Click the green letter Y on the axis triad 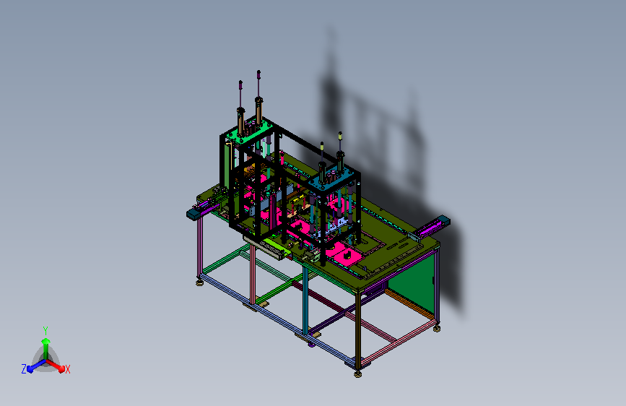(x=45, y=331)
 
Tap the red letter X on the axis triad (x=67, y=369)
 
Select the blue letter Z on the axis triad (x=24, y=369)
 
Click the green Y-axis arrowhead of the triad (x=45, y=341)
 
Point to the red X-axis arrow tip (x=61, y=369)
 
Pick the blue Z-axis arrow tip (x=30, y=369)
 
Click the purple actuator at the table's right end (x=427, y=228)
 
